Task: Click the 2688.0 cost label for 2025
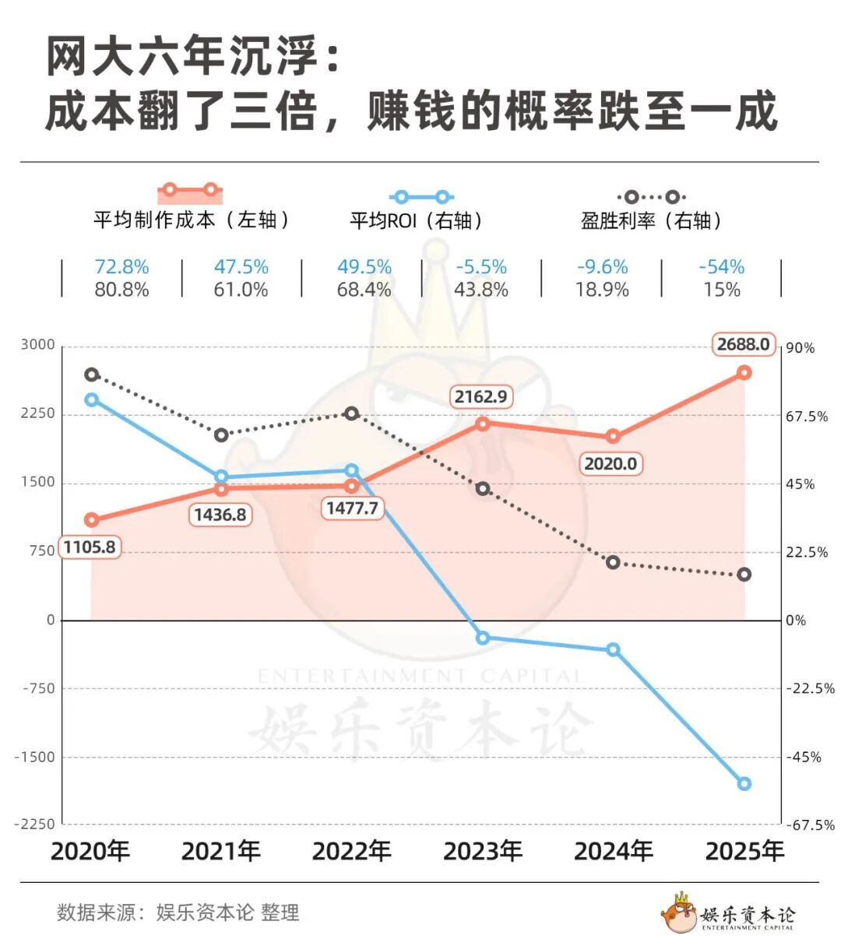tap(743, 344)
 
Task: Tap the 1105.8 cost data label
tap(90, 547)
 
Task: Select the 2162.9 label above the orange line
tap(480, 396)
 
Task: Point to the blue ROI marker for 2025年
tap(744, 783)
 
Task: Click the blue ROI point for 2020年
tap(91, 399)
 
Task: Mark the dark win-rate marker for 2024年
tap(613, 562)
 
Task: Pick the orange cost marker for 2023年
tap(482, 424)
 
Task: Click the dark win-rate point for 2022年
tap(351, 413)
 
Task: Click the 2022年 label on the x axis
tap(351, 851)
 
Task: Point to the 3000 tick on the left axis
tap(38, 345)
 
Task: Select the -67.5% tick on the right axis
tap(810, 825)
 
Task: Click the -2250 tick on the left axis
tap(35, 824)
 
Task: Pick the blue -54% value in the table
tap(721, 267)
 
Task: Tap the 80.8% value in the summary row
tap(121, 290)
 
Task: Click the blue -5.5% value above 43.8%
tap(480, 267)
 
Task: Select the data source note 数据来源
tap(178, 913)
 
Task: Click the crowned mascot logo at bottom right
tap(678, 913)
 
